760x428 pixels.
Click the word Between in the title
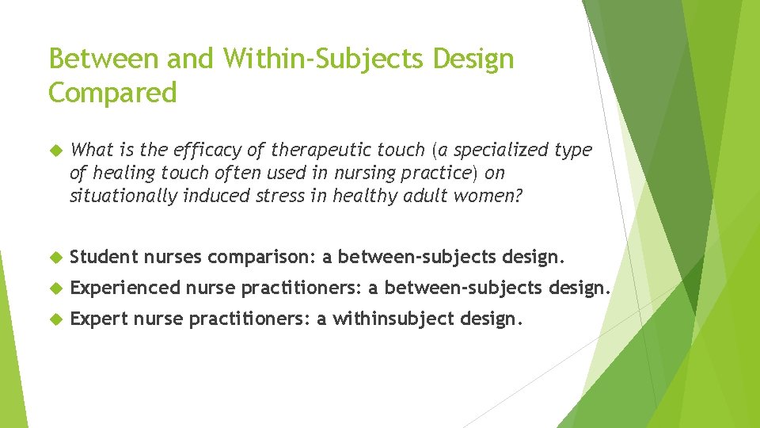pos(104,58)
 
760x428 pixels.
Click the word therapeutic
pos(348,150)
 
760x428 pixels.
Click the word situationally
pos(123,196)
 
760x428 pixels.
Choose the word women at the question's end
pos(488,196)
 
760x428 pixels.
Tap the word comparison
pos(262,257)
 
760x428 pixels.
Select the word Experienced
pos(125,288)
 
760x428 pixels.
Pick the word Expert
pos(99,319)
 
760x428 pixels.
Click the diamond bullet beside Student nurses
pos(57,257)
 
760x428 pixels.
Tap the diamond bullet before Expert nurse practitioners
pos(57,319)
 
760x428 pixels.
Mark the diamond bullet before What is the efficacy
pos(57,151)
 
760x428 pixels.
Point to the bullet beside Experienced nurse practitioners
pos(57,289)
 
